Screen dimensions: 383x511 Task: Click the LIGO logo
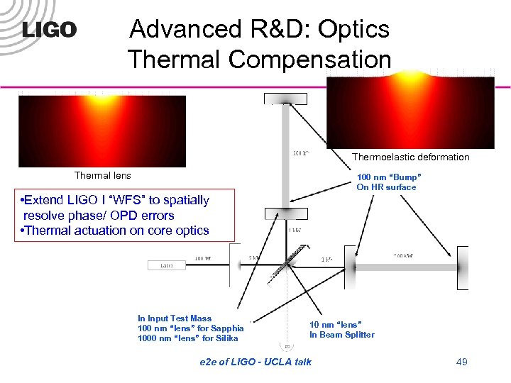49,30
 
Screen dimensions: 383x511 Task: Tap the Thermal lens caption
103,175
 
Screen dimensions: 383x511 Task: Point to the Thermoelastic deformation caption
410,157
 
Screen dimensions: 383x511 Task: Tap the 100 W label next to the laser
203,258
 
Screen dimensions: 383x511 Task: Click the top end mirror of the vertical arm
286,99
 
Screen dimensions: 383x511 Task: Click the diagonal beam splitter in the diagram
287,264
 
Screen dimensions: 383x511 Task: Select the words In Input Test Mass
175,318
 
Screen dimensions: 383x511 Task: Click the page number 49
461,362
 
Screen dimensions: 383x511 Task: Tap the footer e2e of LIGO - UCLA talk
255,362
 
